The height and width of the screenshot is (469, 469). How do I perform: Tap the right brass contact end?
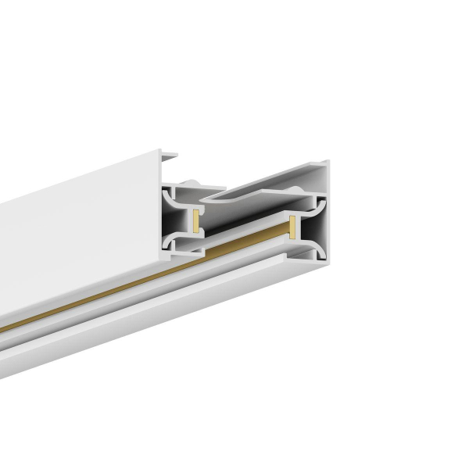(x=292, y=227)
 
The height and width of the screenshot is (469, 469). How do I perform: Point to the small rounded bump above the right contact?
(x=294, y=191)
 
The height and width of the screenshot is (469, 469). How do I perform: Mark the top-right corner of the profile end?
(x=328, y=162)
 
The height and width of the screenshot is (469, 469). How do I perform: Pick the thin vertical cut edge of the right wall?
(x=326, y=219)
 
